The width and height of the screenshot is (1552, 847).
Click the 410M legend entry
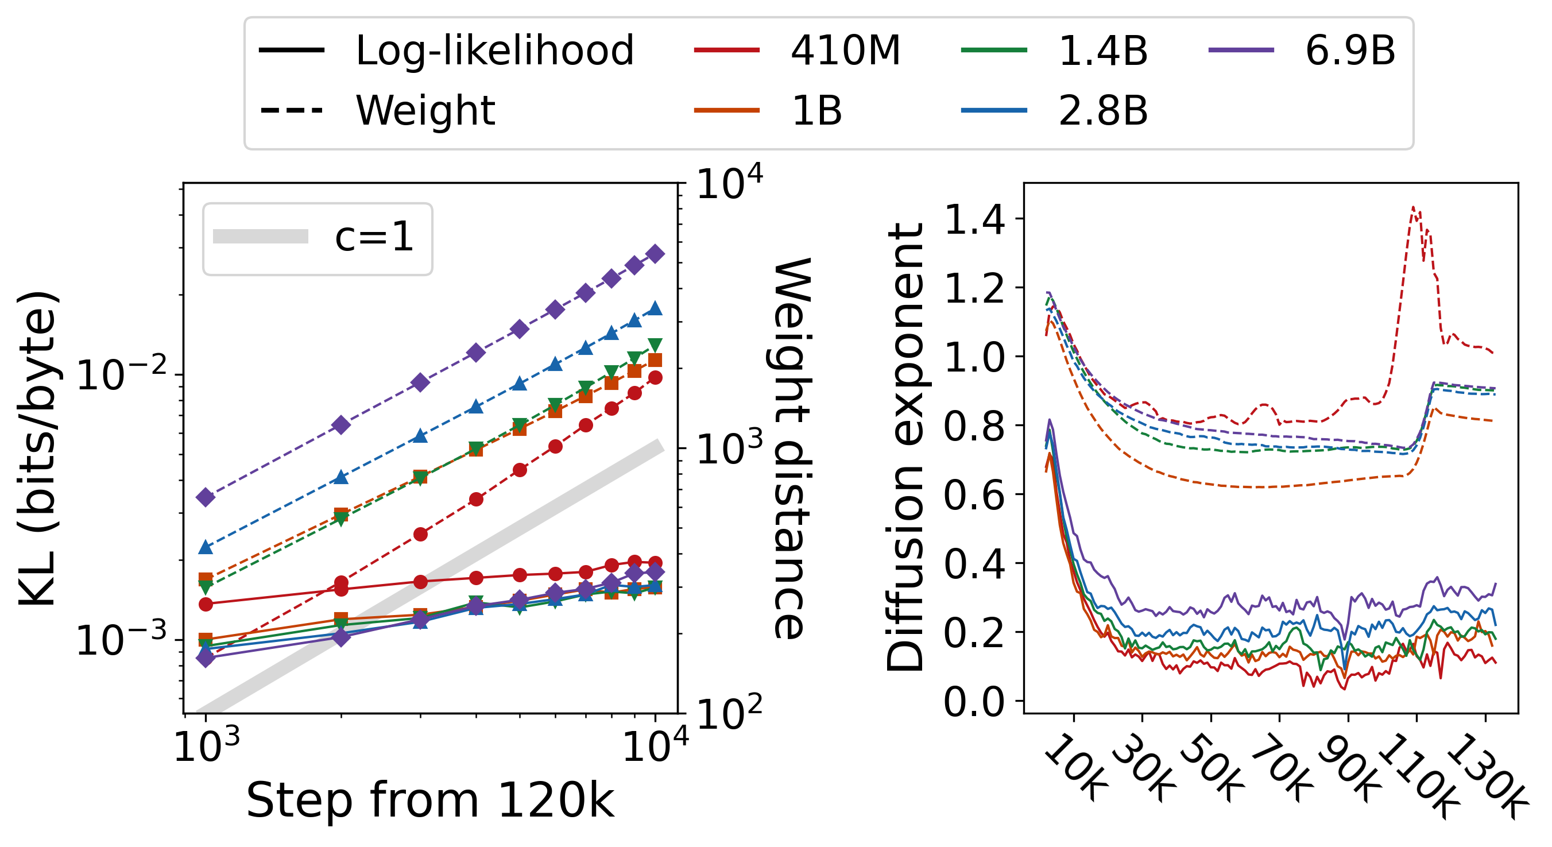pos(845,50)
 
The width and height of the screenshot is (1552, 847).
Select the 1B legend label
pos(816,111)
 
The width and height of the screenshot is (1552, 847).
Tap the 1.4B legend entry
pos(1102,50)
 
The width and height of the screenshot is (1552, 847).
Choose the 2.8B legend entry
pos(1102,111)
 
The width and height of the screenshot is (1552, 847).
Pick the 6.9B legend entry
pos(1349,50)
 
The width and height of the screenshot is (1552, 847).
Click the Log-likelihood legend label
pos(494,50)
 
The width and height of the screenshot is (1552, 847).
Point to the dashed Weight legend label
pos(425,111)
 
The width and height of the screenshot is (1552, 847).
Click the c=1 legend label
pos(374,237)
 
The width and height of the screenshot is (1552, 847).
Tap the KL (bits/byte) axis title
pos(37,449)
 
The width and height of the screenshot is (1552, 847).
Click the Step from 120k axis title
pos(430,800)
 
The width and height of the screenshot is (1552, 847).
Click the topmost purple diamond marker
pos(655,254)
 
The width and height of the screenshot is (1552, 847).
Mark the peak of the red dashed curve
pos(1413,207)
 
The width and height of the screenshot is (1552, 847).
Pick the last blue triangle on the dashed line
pos(655,309)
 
